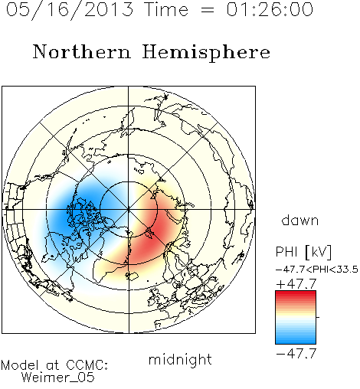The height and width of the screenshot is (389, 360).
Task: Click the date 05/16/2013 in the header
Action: pos(70,10)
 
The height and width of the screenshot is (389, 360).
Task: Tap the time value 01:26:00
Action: pos(270,9)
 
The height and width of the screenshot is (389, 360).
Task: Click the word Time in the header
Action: pos(166,9)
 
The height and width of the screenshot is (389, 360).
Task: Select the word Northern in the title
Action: pos(82,52)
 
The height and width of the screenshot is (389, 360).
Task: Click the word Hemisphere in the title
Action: pos(206,53)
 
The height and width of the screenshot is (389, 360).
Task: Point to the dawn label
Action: pos(300,221)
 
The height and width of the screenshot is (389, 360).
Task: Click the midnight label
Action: pos(180,360)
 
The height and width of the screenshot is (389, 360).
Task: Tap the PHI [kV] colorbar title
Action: pos(303,252)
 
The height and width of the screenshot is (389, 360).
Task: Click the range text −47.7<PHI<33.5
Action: pos(317,270)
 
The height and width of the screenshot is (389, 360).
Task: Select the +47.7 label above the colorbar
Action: pos(296,284)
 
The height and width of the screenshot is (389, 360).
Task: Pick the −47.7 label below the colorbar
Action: pos(296,354)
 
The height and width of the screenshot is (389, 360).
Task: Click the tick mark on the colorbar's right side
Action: pos(318,317)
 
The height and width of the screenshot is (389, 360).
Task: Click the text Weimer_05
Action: pos(58,378)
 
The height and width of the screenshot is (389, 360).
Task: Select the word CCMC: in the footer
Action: pos(87,365)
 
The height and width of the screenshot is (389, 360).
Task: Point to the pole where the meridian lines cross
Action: pos(129,210)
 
